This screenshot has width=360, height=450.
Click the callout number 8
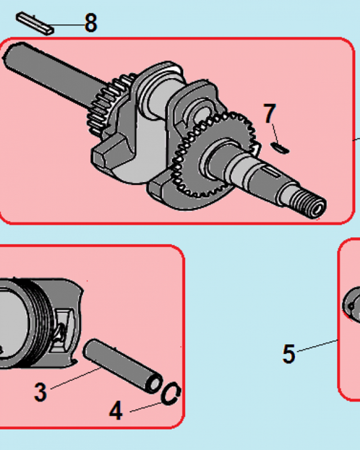click(x=90, y=23)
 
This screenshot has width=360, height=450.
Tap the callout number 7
click(x=269, y=114)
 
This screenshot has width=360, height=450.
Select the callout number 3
click(x=40, y=392)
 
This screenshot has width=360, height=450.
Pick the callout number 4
click(x=116, y=410)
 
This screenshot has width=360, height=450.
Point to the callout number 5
click(x=288, y=354)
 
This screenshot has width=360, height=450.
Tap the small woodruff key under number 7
click(x=281, y=147)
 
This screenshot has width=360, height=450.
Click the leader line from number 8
click(x=67, y=24)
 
